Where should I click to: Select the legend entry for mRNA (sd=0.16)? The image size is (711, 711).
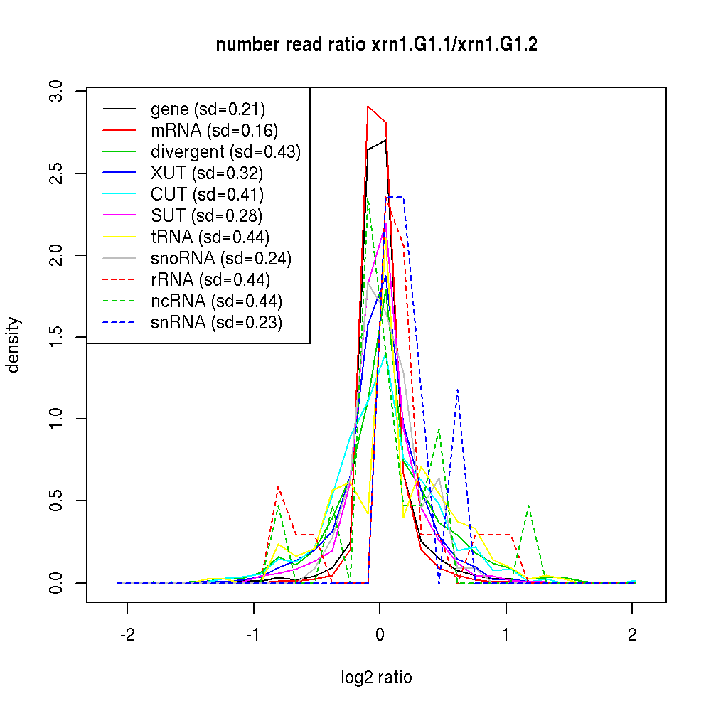coord(214,131)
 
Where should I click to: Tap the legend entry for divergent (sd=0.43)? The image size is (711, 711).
coord(225,152)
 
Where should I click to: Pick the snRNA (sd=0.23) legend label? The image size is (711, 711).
coord(216,323)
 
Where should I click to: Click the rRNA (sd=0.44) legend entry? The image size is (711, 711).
coord(210,280)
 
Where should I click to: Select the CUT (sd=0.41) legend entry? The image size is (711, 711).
coord(207,195)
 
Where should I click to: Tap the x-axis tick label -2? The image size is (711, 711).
coord(127,636)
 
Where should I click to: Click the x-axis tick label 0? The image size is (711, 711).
coord(380,636)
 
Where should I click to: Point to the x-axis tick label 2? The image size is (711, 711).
coord(632,636)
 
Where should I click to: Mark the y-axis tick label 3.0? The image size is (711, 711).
coord(58,92)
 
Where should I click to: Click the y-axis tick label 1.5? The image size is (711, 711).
coord(58,337)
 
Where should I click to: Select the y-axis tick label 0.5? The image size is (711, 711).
coord(58,501)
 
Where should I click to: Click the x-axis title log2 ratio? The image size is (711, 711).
coord(376,678)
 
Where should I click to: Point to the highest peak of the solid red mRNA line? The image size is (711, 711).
coord(368,107)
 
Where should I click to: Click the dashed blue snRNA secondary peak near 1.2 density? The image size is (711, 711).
coord(457,390)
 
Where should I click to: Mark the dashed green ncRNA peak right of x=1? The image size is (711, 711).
coord(529,506)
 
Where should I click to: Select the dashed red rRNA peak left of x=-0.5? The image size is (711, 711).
coord(279,487)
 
